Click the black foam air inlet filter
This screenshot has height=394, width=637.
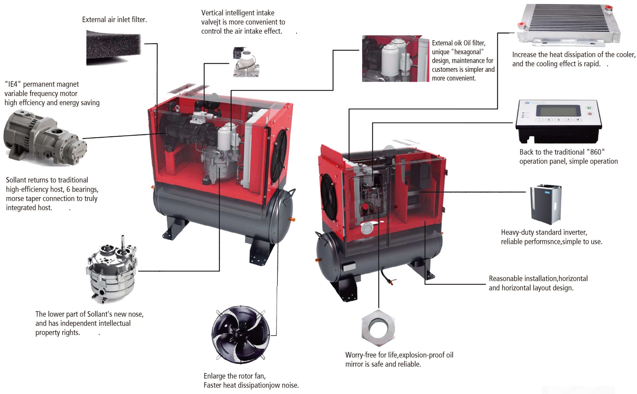113,47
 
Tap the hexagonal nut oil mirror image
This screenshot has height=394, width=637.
379,328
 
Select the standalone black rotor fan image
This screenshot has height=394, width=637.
241,334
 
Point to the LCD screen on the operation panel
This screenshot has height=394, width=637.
560,111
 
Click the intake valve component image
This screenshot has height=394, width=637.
245,62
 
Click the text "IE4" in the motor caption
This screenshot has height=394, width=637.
12,85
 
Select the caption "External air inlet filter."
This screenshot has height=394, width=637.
114,20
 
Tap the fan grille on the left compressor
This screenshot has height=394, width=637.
279,155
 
